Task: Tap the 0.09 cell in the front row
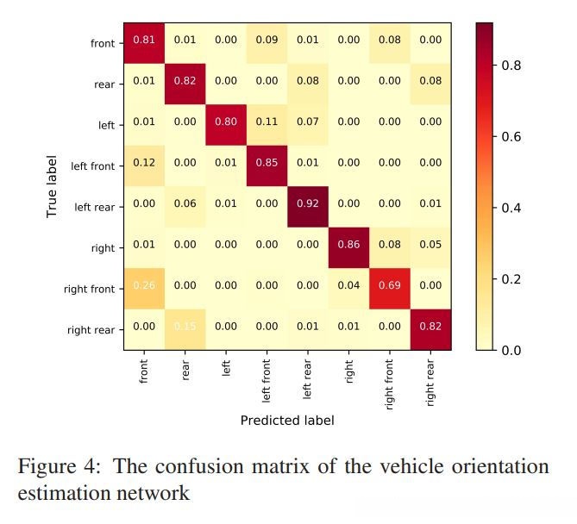point(267,41)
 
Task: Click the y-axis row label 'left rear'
point(94,207)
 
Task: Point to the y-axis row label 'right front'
point(89,290)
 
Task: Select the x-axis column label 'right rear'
point(430,381)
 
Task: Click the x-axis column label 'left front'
point(267,379)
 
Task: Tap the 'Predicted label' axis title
point(287,421)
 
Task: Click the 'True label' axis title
point(52,185)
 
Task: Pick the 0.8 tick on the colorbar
point(511,65)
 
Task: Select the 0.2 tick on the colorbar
point(511,279)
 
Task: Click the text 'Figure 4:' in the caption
point(59,467)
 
